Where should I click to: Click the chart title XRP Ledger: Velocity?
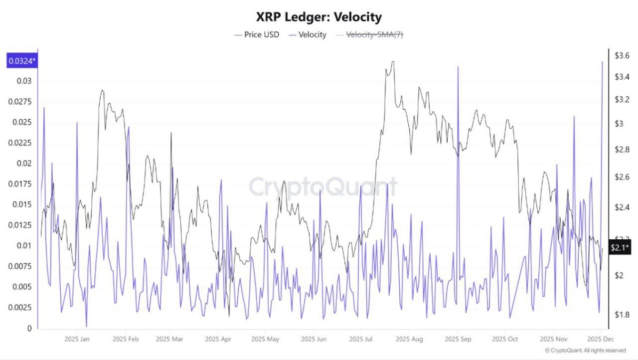tap(319, 17)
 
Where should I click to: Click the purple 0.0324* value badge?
tap(21, 61)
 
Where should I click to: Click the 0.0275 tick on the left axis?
tap(21, 102)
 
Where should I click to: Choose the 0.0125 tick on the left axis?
tap(21, 225)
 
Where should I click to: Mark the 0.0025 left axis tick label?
tap(21, 308)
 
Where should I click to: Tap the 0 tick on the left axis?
tap(29, 328)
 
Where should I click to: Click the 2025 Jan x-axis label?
tap(77, 339)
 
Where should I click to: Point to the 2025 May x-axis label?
tap(265, 339)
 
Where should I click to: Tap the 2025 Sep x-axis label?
tap(458, 339)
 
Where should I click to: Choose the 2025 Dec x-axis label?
tap(601, 339)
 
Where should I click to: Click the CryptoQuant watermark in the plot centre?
tap(323, 187)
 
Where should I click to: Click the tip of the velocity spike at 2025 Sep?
tap(458, 66)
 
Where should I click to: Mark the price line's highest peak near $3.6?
tap(393, 62)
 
